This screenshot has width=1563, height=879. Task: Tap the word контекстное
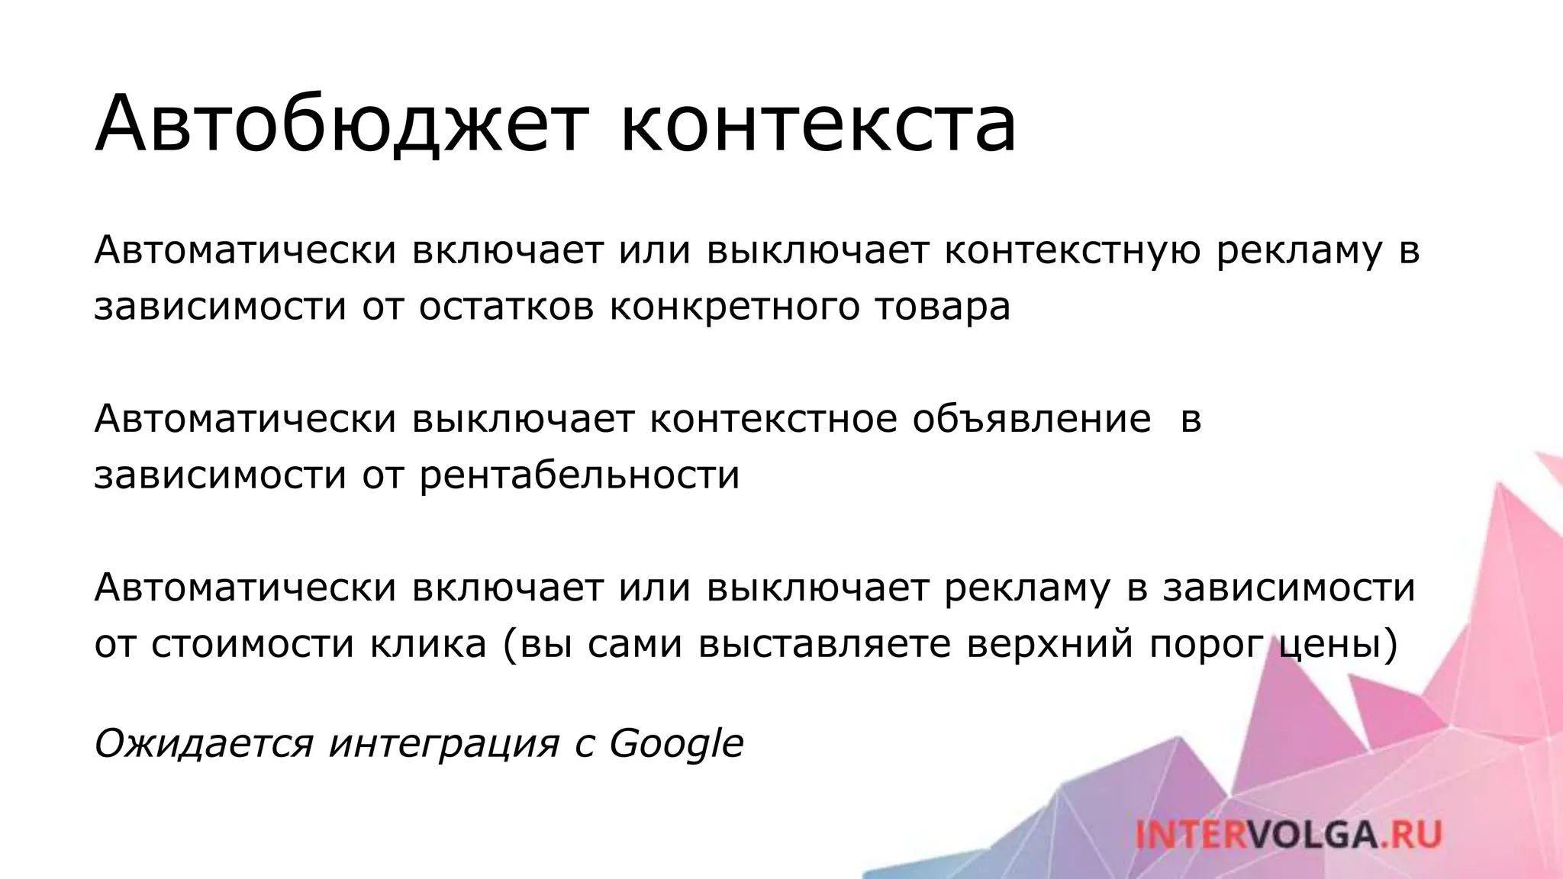773,420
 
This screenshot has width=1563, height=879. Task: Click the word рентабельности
579,475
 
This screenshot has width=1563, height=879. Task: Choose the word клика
429,643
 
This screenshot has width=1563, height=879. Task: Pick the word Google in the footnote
676,744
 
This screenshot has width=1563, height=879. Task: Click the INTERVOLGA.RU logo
1287,834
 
